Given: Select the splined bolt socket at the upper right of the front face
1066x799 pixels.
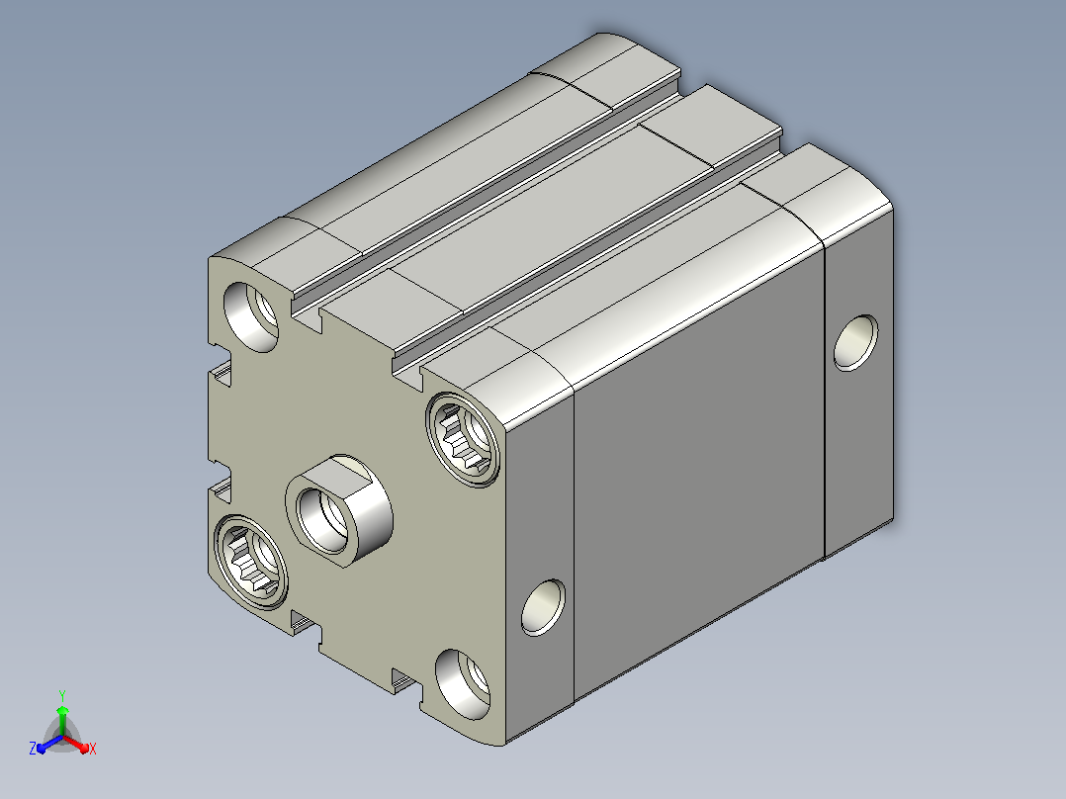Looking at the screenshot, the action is pyautogui.click(x=463, y=439).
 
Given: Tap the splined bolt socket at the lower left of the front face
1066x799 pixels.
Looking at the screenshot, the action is pyautogui.click(x=251, y=561).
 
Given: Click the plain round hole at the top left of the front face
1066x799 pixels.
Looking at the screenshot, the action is pyautogui.click(x=251, y=316).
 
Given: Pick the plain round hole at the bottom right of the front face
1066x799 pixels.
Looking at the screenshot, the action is pyautogui.click(x=463, y=684).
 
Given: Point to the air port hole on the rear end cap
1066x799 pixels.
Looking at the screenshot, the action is pyautogui.click(x=855, y=343).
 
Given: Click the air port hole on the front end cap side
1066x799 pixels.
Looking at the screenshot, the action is pyautogui.click(x=543, y=607).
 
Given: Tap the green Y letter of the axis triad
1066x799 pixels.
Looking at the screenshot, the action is pyautogui.click(x=62, y=696).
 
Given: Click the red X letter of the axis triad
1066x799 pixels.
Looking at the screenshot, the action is pyautogui.click(x=93, y=749).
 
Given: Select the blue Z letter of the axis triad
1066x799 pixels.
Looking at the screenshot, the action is pyautogui.click(x=32, y=748).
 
